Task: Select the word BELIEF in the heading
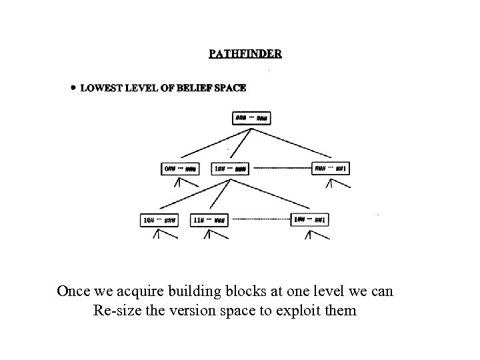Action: point(193,88)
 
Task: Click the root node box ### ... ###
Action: point(252,119)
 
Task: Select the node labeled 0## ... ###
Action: point(180,169)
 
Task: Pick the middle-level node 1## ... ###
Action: point(230,169)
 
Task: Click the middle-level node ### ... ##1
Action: point(331,169)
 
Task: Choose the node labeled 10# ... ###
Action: point(159,219)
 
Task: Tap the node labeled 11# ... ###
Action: point(209,219)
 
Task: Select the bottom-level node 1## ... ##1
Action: point(310,219)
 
